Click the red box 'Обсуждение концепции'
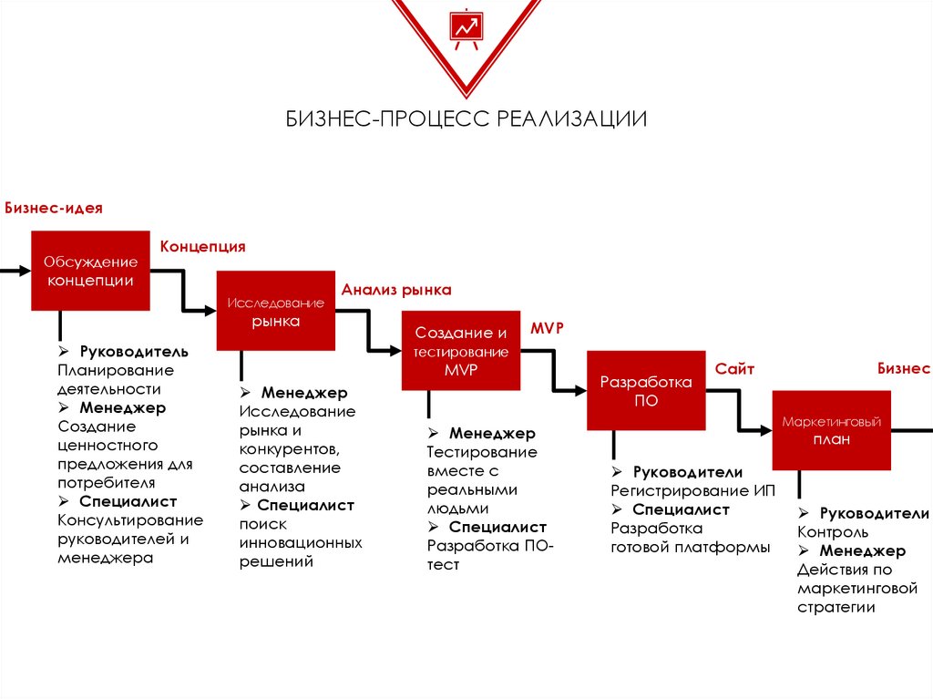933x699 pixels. click(90, 271)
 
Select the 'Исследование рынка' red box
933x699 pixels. click(275, 311)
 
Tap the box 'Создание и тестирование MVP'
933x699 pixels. click(461, 351)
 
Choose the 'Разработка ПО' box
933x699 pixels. click(646, 391)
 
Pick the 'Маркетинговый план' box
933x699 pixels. click(831, 430)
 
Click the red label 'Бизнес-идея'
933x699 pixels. click(54, 209)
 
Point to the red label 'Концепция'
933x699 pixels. click(203, 246)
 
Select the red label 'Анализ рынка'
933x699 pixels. click(396, 290)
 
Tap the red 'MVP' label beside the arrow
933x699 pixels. click(547, 328)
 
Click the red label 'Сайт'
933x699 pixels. click(734, 369)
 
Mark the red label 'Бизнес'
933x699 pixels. click(904, 368)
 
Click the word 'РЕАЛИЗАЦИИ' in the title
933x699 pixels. click(571, 119)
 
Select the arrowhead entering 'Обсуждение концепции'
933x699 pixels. click(25, 271)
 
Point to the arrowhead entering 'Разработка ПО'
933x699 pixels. click(580, 391)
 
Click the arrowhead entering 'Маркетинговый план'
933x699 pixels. click(766, 430)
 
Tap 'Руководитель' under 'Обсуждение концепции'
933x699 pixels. click(134, 352)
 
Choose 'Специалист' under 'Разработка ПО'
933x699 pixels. click(681, 509)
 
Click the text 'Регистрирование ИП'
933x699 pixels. click(692, 491)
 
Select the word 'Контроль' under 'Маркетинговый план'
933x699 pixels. click(833, 532)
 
